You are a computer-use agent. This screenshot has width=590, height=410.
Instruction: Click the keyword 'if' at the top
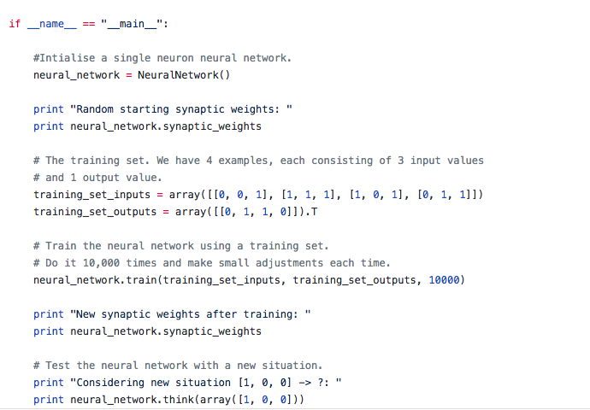click(x=15, y=23)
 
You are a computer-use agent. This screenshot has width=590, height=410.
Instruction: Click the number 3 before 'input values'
click(x=399, y=161)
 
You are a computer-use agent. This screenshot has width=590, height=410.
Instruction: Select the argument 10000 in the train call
click(x=444, y=280)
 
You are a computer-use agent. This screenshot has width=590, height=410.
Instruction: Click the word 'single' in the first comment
click(x=138, y=59)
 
